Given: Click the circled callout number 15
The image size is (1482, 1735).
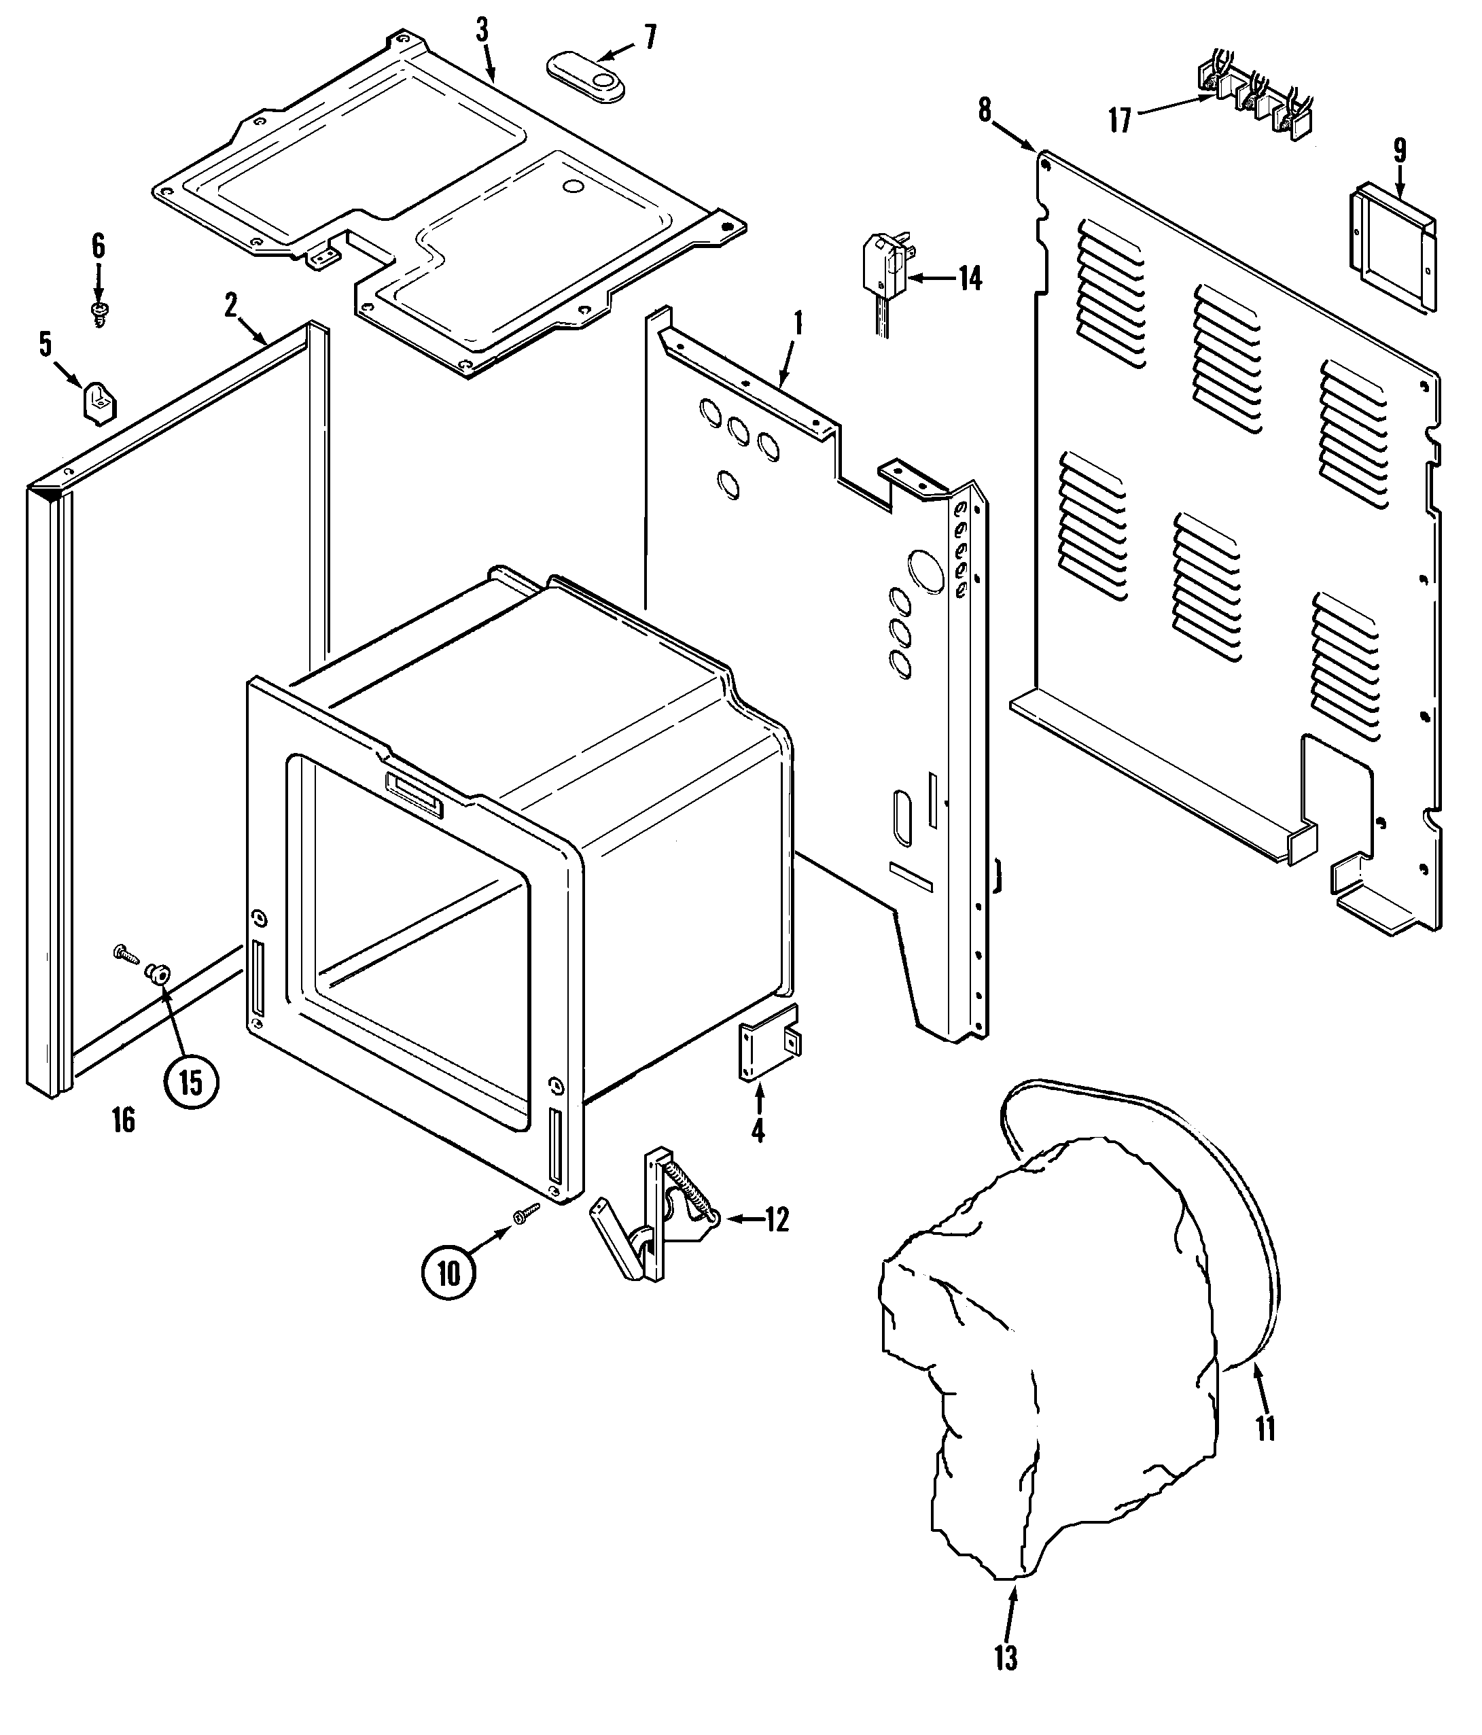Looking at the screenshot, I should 191,1083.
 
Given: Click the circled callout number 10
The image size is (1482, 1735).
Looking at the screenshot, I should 448,1274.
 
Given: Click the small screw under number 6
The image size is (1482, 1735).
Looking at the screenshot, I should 99,314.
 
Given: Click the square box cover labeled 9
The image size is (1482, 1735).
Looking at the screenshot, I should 1391,249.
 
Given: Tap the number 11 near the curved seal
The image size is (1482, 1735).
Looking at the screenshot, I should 1265,1429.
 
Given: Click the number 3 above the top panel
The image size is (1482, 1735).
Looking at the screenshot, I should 482,32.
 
